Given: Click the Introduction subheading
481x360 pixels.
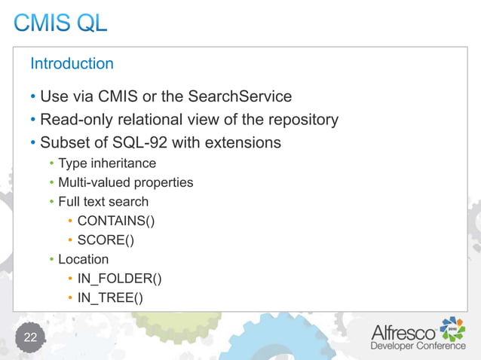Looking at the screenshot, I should click(x=72, y=64).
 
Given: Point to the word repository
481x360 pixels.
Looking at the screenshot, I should click(x=299, y=120).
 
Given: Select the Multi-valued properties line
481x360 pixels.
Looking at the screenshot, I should click(x=126, y=182).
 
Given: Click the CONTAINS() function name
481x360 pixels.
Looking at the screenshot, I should click(x=116, y=221).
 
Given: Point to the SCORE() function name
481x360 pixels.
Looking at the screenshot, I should click(x=105, y=241).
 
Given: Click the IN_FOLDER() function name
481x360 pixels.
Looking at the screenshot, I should click(x=119, y=279).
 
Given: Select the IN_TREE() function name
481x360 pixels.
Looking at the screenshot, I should click(x=110, y=299).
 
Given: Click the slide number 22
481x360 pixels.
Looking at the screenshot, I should click(x=30, y=337).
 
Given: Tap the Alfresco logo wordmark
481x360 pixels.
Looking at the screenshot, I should click(x=403, y=332).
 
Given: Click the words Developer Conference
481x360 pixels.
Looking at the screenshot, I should click(x=418, y=346).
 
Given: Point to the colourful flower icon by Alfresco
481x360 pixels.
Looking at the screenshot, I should click(x=452, y=328).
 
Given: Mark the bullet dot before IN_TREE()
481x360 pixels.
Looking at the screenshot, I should click(x=69, y=299).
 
